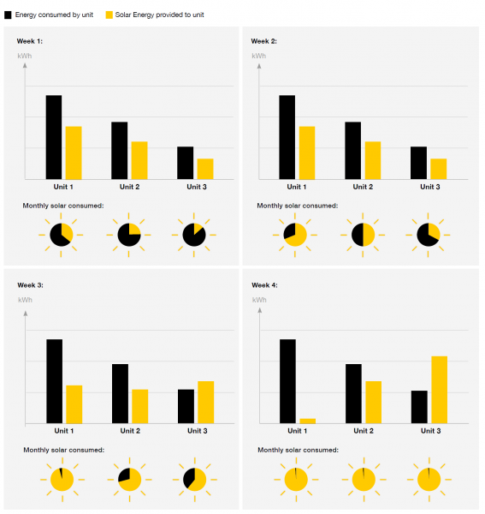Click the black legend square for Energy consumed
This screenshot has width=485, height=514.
pyautogui.click(x=8, y=15)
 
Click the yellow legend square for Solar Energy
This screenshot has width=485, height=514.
pyautogui.click(x=109, y=15)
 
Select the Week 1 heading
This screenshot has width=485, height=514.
pyautogui.click(x=30, y=41)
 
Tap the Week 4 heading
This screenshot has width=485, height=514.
pyautogui.click(x=264, y=285)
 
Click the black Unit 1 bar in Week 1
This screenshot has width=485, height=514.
pyautogui.click(x=54, y=137)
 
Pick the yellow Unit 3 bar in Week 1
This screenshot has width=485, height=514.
pyautogui.click(x=205, y=169)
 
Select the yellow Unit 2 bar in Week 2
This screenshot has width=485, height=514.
pyautogui.click(x=373, y=161)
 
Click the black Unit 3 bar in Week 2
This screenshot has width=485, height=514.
pyautogui.click(x=418, y=163)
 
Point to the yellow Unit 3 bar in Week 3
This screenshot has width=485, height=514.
pyautogui.click(x=206, y=403)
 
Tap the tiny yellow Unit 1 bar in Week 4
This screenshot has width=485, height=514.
pyautogui.click(x=308, y=421)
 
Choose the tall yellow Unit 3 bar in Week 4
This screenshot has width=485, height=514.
pyautogui.click(x=439, y=390)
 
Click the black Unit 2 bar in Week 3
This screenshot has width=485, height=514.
pyautogui.click(x=120, y=394)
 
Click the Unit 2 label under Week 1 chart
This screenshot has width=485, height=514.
pyautogui.click(x=130, y=187)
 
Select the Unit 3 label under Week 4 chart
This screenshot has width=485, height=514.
pyautogui.click(x=430, y=431)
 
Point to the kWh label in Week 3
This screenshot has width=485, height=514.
pyautogui.click(x=25, y=300)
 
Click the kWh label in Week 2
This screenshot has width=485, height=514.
pyautogui.click(x=259, y=56)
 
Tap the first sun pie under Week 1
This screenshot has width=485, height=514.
pyautogui.click(x=61, y=235)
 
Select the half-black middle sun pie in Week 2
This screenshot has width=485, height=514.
pyautogui.click(x=363, y=235)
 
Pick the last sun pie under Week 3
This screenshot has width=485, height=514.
pyautogui.click(x=195, y=480)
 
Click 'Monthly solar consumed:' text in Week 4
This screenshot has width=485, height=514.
pyautogui.click(x=299, y=450)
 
